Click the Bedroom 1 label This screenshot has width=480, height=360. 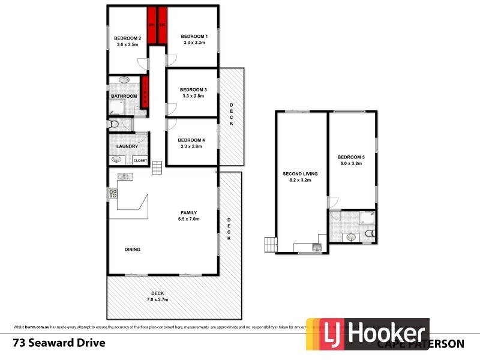194,35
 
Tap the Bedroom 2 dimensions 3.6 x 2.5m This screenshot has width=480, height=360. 127,45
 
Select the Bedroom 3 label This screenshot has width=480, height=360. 193,89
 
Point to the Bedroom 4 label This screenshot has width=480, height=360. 191,140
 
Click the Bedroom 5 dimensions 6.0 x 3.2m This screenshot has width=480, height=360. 352,163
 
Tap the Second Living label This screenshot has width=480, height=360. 300,173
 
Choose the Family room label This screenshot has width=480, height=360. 190,212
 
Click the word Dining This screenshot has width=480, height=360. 133,250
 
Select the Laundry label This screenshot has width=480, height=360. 128,146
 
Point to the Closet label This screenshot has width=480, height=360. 140,160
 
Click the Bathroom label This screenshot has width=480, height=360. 124,96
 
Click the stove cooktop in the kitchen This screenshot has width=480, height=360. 112,193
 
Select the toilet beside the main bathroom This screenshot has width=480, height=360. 113,124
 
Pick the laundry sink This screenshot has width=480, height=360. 116,160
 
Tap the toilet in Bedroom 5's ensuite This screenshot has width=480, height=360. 370,233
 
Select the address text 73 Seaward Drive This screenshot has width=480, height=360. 59,343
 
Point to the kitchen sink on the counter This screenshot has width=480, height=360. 124,176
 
